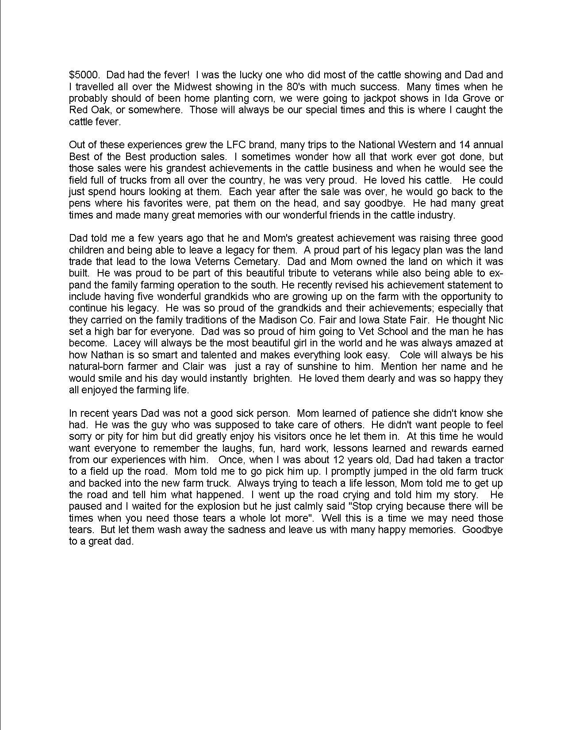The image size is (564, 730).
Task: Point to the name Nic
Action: click(x=495, y=319)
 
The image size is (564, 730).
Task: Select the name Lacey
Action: click(x=127, y=343)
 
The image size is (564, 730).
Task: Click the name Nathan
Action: click(x=106, y=354)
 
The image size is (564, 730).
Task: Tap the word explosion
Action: click(x=281, y=506)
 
